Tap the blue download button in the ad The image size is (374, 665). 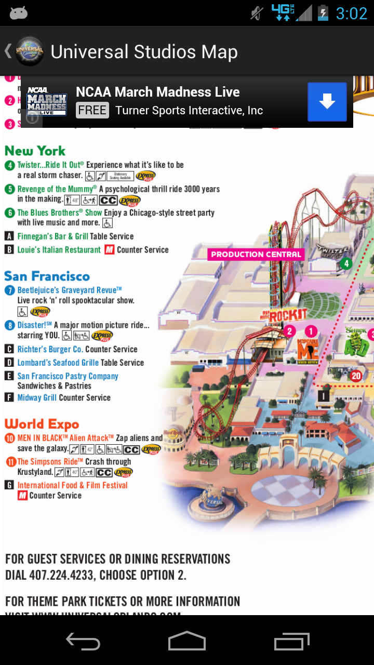327,102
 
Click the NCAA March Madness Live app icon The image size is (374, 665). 47,102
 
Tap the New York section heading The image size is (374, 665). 35,151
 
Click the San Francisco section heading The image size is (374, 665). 47,276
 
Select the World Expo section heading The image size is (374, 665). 42,424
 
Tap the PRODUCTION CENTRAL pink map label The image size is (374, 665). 256,255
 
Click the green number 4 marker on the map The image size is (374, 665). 346,264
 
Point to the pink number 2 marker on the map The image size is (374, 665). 289,331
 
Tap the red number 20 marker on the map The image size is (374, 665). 356,376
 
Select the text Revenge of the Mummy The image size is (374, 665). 57,189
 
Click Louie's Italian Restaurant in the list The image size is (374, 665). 59,250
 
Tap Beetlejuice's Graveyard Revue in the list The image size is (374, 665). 70,290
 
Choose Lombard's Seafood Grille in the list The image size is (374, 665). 58,363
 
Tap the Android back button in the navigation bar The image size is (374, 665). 83,641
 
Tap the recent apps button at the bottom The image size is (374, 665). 291,641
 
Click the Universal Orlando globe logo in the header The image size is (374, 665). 30,51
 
